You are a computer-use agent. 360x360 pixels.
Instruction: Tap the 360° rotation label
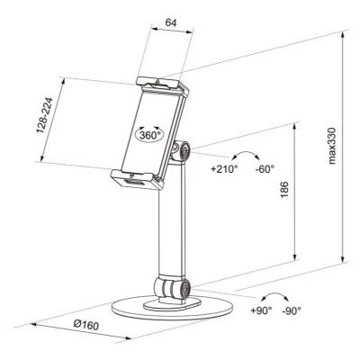(150, 134)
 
